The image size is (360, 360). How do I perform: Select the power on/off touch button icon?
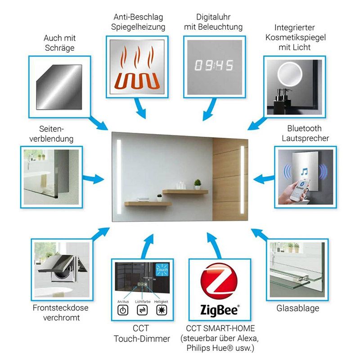tap(122, 310)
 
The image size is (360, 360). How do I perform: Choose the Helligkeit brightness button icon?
tap(161, 310)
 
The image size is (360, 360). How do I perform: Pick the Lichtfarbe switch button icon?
tap(142, 310)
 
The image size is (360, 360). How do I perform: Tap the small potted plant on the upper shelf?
tap(198, 184)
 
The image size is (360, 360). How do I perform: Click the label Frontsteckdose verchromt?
tap(60, 313)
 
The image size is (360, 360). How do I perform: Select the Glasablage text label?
tap(298, 308)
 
